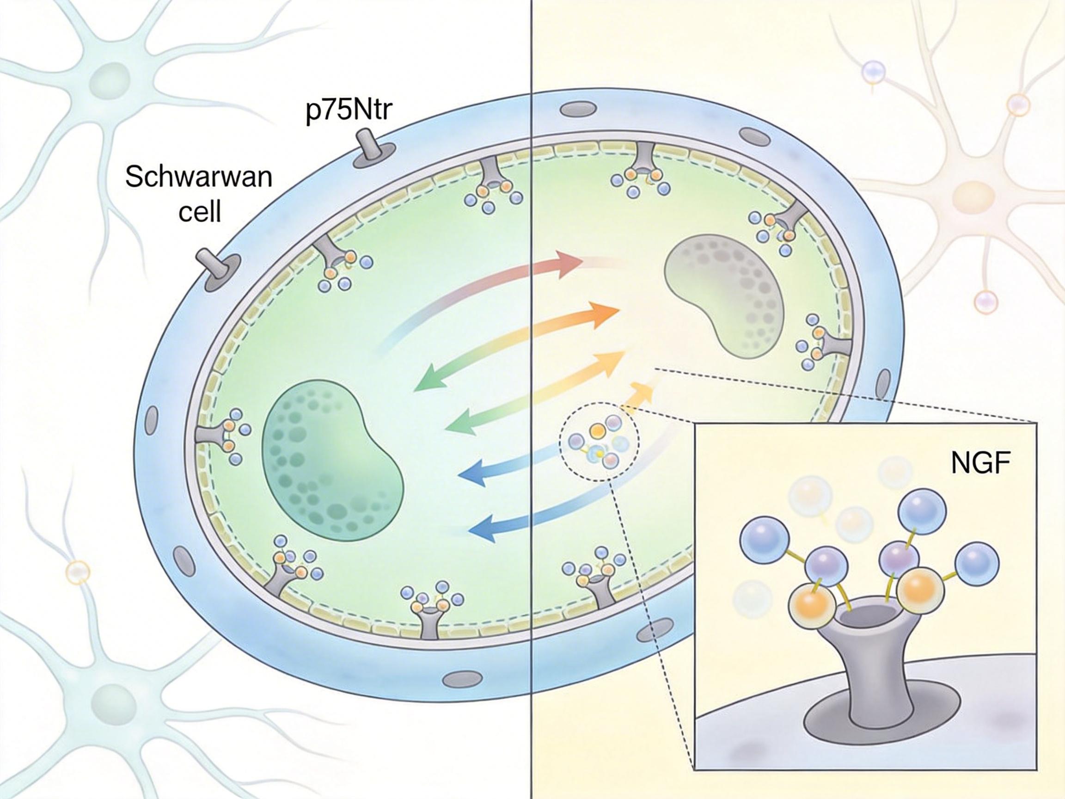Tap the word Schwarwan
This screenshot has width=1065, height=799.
click(198, 177)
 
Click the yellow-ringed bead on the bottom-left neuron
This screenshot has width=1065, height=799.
click(78, 572)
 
